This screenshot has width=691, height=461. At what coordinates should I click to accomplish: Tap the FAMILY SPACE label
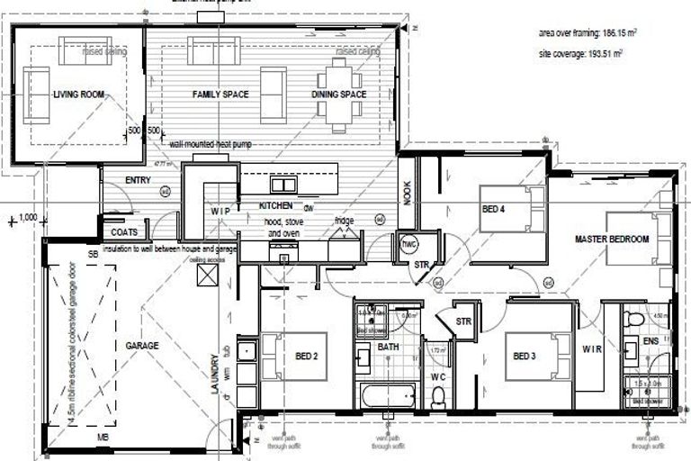point(220,95)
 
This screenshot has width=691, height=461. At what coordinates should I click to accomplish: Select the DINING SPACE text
point(339,95)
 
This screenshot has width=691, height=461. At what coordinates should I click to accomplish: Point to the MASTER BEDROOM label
point(613,240)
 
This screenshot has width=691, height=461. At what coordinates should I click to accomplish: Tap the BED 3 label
point(525,357)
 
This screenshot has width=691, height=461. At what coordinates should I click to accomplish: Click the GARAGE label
point(142,346)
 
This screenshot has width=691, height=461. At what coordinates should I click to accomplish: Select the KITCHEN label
point(276,206)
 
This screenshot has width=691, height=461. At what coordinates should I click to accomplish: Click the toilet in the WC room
point(438,395)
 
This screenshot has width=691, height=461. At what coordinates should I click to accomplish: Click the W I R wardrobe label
point(591,348)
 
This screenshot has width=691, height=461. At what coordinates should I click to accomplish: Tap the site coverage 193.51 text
point(581,53)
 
